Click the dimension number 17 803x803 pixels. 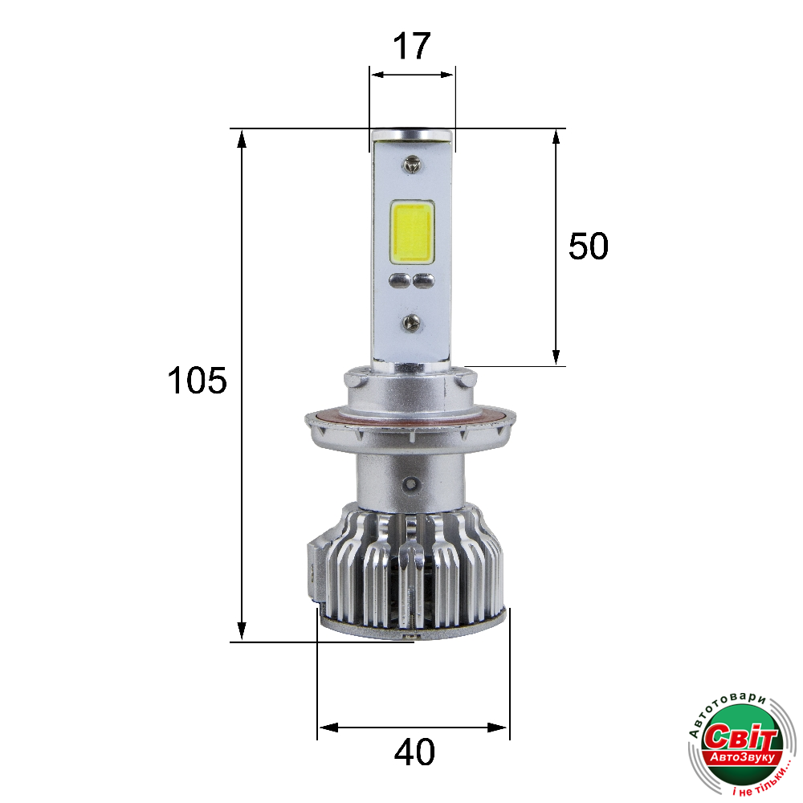tap(412, 46)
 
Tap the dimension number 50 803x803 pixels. tap(589, 247)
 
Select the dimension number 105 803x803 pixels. tap(198, 381)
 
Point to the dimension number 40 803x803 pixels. tap(415, 752)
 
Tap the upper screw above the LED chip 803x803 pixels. tap(411, 164)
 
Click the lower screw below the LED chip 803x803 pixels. tap(411, 322)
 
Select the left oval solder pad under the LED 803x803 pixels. tap(400, 280)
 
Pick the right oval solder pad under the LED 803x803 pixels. tap(424, 280)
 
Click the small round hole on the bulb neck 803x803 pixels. tap(410, 483)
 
